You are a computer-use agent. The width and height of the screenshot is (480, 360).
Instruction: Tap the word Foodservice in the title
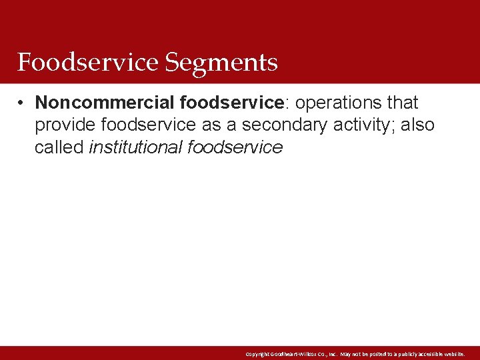pos(88,63)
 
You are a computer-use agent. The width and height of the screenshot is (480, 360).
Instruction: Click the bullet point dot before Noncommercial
pos(22,103)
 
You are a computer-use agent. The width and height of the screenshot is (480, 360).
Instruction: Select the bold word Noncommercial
pos(105,103)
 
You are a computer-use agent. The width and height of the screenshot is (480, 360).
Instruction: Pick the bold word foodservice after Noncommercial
pos(232,103)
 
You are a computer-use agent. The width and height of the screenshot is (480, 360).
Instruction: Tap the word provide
pos(65,125)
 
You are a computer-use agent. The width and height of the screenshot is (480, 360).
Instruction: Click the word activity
pos(373,125)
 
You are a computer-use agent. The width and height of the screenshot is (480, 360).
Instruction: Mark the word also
pos(419,125)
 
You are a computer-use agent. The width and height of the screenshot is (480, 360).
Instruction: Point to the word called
pos(59,147)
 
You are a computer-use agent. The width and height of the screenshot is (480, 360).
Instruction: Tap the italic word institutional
pos(136,147)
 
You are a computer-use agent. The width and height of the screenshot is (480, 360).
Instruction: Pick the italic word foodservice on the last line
pos(235,147)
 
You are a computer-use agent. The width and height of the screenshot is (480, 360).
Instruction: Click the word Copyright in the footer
pos(257,353)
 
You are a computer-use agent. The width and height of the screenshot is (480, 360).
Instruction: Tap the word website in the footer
pos(451,353)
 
